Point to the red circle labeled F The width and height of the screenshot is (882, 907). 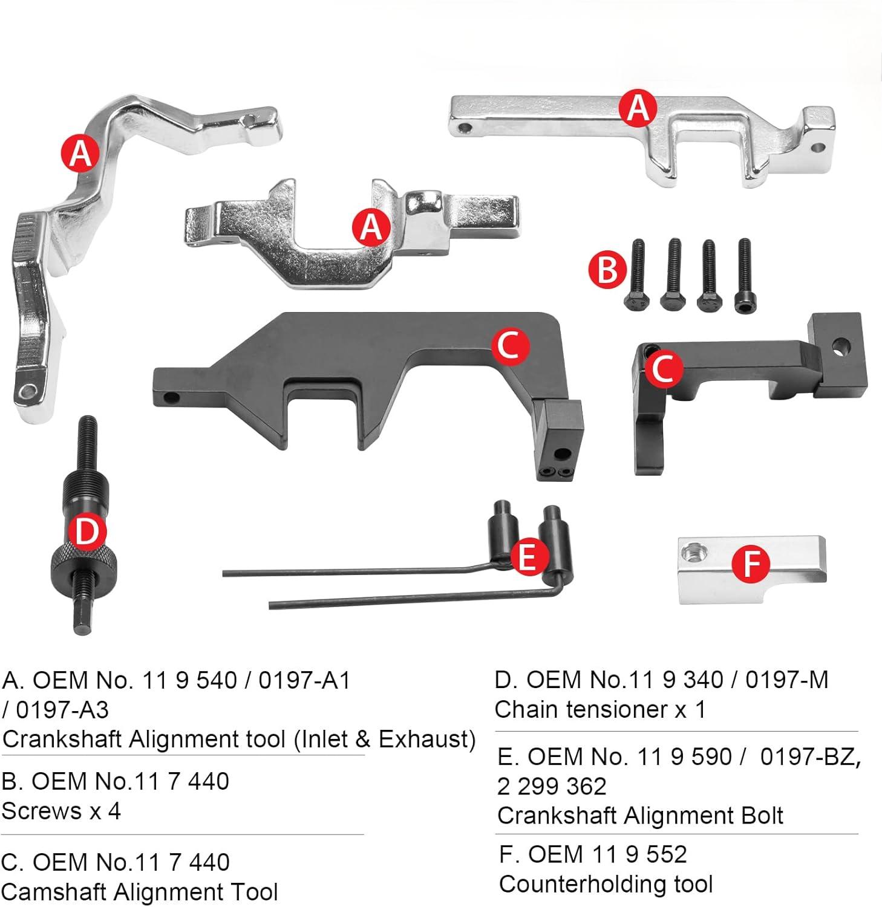point(750,564)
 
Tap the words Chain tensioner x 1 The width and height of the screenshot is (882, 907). point(599,709)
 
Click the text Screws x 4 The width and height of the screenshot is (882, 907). point(61,811)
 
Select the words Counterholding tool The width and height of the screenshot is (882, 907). point(606,884)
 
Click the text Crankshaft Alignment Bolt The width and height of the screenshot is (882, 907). point(640,816)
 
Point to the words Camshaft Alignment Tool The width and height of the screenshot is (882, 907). point(140,892)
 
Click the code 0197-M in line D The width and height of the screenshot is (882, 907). point(786,680)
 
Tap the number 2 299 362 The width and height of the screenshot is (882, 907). point(552,786)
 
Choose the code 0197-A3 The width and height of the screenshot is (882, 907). point(62,709)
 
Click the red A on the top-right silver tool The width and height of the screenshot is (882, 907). point(638,109)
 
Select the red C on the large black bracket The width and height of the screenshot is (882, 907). point(509,346)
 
